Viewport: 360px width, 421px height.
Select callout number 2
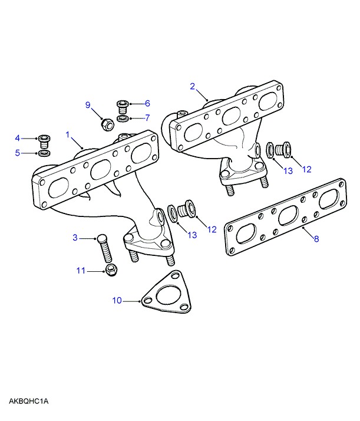tap(193, 86)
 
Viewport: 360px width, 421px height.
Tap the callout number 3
tap(75, 238)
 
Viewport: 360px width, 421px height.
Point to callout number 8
tap(316, 239)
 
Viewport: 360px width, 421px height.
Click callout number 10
tap(117, 300)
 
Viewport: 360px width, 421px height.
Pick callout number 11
tap(81, 271)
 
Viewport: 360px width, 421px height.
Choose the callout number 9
tap(88, 106)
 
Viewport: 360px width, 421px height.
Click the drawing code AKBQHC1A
tap(28, 402)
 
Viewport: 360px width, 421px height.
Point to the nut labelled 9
tap(107, 124)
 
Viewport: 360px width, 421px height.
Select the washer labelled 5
tap(44, 154)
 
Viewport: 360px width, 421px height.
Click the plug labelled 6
tap(123, 106)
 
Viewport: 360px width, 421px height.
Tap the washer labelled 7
tap(122, 119)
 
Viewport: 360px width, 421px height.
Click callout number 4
tap(18, 138)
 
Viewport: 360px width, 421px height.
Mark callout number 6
tap(147, 103)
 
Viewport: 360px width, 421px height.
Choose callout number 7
tap(147, 117)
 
